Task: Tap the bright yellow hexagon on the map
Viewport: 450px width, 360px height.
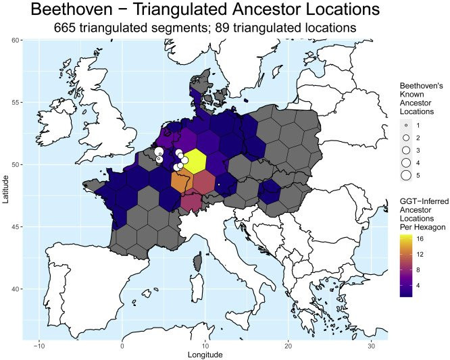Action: click(x=195, y=161)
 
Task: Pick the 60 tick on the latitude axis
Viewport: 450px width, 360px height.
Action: click(x=14, y=41)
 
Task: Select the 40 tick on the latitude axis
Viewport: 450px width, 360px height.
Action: click(x=14, y=289)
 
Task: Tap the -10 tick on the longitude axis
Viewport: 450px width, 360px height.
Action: click(x=39, y=346)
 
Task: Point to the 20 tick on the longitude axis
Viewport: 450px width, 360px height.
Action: click(x=288, y=346)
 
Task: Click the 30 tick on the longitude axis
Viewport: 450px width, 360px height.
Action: click(x=371, y=346)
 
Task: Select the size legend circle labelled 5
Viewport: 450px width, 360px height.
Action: click(x=406, y=175)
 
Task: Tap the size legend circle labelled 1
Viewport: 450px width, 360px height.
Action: click(x=406, y=126)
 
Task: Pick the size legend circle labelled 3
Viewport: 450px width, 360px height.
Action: click(x=406, y=150)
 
